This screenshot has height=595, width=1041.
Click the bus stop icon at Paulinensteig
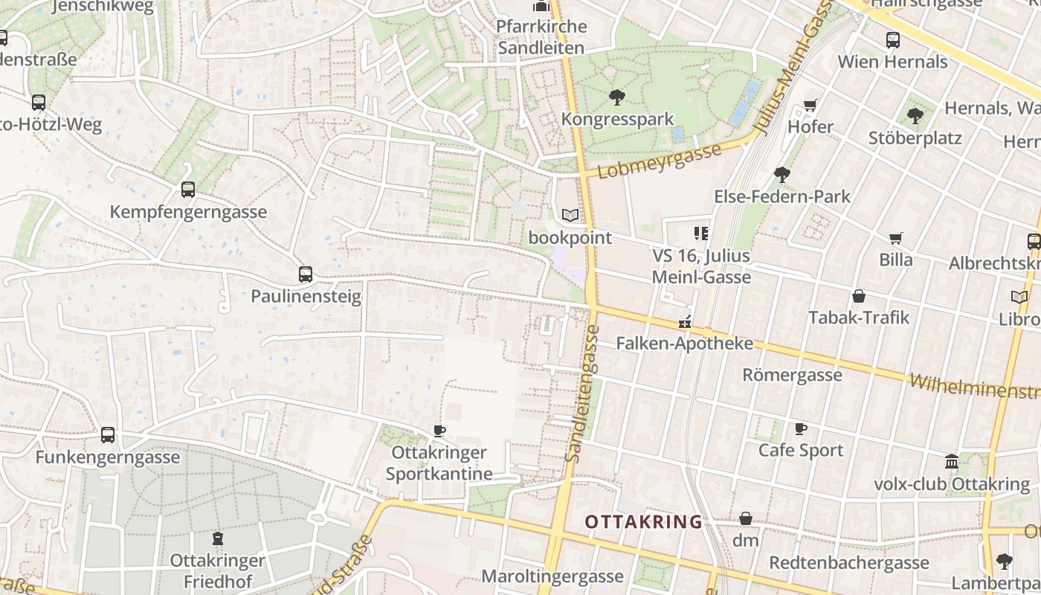coord(306,274)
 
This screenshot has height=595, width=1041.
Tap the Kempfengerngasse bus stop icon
coord(188,190)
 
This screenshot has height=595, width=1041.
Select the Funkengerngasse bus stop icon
coord(108,435)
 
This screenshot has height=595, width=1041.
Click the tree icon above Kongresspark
coord(616,97)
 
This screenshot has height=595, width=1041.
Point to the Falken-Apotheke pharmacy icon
coord(685,323)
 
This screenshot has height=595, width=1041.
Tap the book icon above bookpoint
coord(570,216)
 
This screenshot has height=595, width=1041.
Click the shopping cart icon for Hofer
coord(810,105)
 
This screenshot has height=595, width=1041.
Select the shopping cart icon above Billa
coord(896,238)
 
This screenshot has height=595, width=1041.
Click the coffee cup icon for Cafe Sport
coord(801,428)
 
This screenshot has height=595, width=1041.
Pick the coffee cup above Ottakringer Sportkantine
coord(439,431)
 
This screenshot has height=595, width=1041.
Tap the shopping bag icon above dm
coord(746,518)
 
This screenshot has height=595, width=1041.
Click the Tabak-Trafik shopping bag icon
coord(859,296)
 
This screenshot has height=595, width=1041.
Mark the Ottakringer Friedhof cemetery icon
coord(218,538)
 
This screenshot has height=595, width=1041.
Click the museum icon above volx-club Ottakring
coord(952,462)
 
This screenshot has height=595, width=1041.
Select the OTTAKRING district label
coord(643,521)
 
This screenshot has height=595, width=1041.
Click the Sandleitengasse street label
coord(584,394)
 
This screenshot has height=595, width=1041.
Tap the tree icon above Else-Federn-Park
coord(781,175)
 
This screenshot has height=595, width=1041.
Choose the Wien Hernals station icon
coord(893,40)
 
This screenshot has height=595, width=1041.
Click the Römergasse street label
coord(792,375)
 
